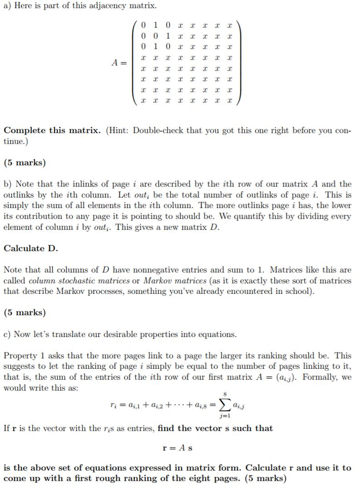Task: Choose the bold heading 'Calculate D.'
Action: (x=31, y=248)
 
